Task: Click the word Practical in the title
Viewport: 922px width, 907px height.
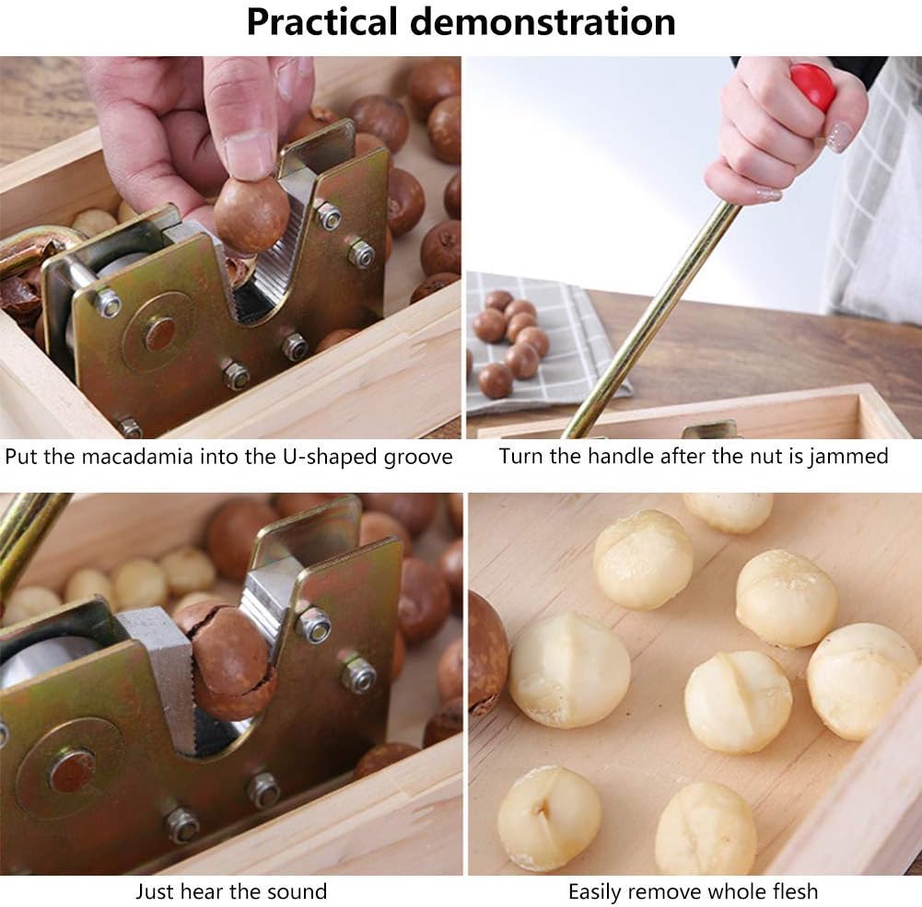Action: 321,22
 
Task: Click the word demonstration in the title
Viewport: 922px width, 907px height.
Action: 543,22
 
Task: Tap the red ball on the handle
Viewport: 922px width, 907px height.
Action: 813,87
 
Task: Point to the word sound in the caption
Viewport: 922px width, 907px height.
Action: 297,891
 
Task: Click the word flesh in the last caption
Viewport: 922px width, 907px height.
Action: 792,891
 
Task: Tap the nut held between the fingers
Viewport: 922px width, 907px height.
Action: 251,215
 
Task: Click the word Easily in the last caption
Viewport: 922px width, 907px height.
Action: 595,892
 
